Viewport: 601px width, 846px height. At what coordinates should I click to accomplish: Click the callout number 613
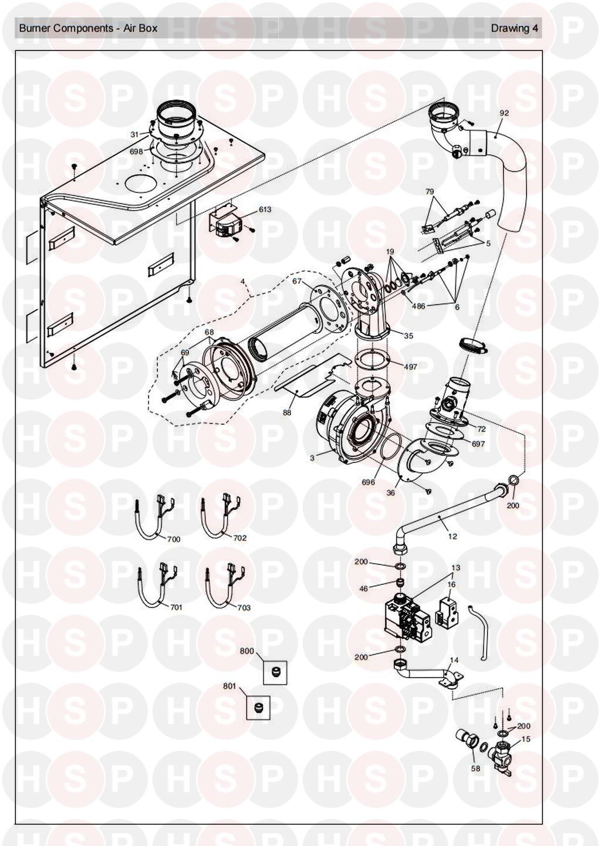265,209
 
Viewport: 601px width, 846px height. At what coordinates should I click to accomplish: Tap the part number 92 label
504,113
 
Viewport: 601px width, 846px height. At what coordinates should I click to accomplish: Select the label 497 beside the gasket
410,366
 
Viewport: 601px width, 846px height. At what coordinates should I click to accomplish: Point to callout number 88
287,412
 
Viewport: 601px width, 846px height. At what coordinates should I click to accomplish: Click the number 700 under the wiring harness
173,539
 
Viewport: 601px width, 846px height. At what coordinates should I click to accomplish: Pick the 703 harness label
244,608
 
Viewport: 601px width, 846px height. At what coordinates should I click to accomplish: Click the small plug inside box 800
275,672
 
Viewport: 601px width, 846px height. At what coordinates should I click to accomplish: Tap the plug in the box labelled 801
258,706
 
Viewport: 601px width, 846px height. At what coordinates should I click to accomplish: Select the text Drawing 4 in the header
515,28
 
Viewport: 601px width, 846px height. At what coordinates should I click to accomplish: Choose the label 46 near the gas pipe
363,588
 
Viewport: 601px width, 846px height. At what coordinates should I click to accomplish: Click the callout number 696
368,482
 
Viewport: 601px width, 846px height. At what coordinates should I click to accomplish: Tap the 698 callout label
136,151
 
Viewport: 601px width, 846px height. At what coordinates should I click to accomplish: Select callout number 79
430,191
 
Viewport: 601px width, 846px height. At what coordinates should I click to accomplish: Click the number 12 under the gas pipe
452,536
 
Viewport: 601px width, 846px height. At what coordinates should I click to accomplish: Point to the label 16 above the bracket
451,584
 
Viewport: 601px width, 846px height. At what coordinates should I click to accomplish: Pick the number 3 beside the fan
312,458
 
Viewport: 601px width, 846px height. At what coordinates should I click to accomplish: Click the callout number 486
418,306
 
